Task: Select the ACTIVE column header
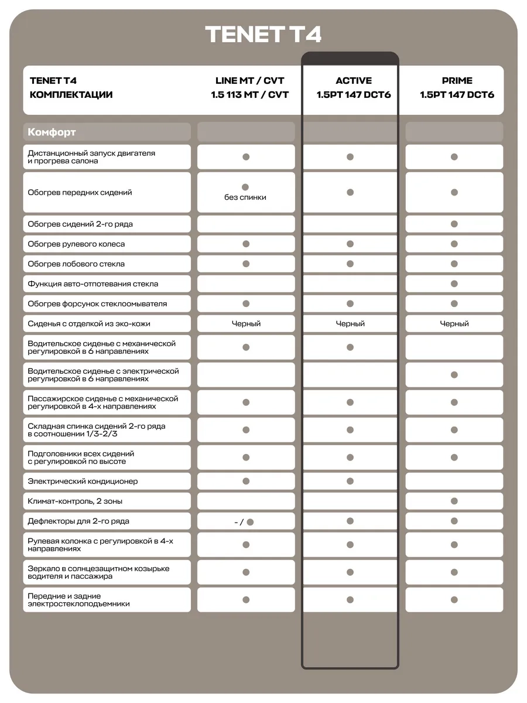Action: (x=353, y=81)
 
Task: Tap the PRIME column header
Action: (x=457, y=81)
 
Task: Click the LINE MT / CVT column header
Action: (x=249, y=81)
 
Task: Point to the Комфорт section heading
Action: (x=52, y=132)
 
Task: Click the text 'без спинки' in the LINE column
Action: (x=245, y=197)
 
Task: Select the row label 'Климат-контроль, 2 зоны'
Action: (x=75, y=501)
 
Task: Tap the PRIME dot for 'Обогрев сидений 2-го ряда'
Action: (x=454, y=224)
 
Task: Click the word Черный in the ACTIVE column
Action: (x=350, y=323)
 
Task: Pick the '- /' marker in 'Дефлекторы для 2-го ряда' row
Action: (x=239, y=521)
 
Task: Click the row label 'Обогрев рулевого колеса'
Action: (x=76, y=244)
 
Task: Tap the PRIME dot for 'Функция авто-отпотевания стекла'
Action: (x=454, y=284)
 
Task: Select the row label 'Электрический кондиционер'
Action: (x=83, y=481)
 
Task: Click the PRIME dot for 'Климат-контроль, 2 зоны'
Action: (x=454, y=501)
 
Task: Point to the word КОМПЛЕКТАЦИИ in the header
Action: (x=71, y=95)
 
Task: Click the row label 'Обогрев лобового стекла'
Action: (x=76, y=264)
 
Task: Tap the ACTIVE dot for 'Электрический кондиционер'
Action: (x=350, y=481)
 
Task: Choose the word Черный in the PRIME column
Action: (x=454, y=323)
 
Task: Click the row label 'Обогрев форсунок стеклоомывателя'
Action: (x=97, y=303)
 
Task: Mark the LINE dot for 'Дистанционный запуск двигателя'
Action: (x=246, y=157)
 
